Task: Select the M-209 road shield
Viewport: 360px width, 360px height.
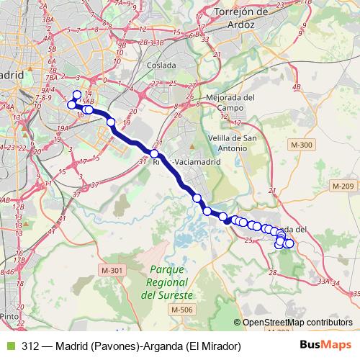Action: (343, 186)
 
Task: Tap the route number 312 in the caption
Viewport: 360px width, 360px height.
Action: (30, 346)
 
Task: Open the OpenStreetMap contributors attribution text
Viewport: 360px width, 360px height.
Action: (297, 322)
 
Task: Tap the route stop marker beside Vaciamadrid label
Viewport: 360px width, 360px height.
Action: (154, 153)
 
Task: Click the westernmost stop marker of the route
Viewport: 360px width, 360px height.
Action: (71, 105)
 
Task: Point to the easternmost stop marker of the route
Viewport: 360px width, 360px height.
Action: (290, 243)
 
